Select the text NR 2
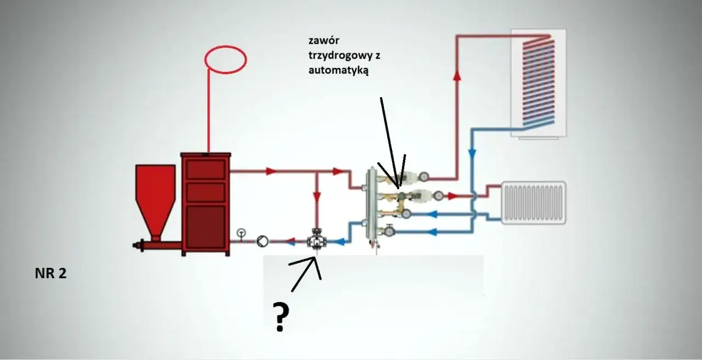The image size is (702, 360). (50, 274)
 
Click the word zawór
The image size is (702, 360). (321, 41)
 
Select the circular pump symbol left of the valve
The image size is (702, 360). (262, 241)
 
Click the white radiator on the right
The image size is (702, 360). (533, 203)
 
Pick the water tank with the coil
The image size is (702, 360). (539, 82)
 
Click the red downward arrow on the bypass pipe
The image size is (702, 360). (317, 196)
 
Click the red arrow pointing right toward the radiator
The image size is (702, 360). (452, 195)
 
